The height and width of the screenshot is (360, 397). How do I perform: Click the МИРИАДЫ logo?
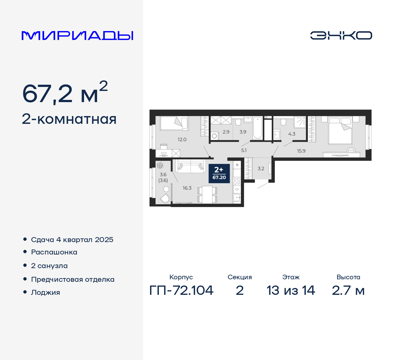point(78,36)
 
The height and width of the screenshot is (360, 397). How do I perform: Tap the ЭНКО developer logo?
point(341,35)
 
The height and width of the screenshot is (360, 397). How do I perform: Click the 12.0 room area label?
point(182,140)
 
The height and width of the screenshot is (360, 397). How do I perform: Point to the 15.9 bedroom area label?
point(301,151)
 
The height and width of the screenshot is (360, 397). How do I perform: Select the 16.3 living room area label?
point(187,188)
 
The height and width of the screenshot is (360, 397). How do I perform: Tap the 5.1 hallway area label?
point(244,151)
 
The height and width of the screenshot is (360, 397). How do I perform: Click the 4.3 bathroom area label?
point(292,134)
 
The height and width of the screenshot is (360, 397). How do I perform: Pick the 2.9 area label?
point(226,132)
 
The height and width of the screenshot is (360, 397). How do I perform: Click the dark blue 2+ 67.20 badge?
point(219,173)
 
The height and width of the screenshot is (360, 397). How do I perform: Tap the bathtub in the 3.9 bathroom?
point(257,128)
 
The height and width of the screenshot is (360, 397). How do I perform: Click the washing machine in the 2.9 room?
point(214,136)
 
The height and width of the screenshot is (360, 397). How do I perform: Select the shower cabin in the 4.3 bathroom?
point(300,122)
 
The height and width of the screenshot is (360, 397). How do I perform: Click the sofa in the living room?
point(190,166)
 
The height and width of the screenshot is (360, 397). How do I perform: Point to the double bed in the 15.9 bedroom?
point(340,130)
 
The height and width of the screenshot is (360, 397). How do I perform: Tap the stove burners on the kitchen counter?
point(237,181)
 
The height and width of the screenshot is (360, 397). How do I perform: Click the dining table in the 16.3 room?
point(207,195)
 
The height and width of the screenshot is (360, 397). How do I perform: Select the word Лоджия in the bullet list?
point(46,293)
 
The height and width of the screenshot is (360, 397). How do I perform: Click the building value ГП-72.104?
point(181,290)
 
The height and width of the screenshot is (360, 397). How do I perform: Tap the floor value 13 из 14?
point(291,290)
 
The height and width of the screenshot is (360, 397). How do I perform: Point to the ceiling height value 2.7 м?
point(348,290)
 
